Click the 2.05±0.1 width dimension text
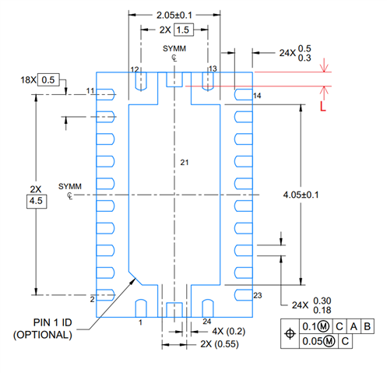tap(174, 15)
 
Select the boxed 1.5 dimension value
tap(184, 30)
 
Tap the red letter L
tap(322, 106)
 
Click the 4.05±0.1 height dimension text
tap(301, 195)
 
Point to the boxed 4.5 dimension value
tap(37, 201)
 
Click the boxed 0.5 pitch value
tap(48, 79)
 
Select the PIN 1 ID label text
tap(52, 322)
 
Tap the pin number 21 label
tap(185, 163)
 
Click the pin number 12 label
tap(135, 69)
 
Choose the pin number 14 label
tap(257, 96)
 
